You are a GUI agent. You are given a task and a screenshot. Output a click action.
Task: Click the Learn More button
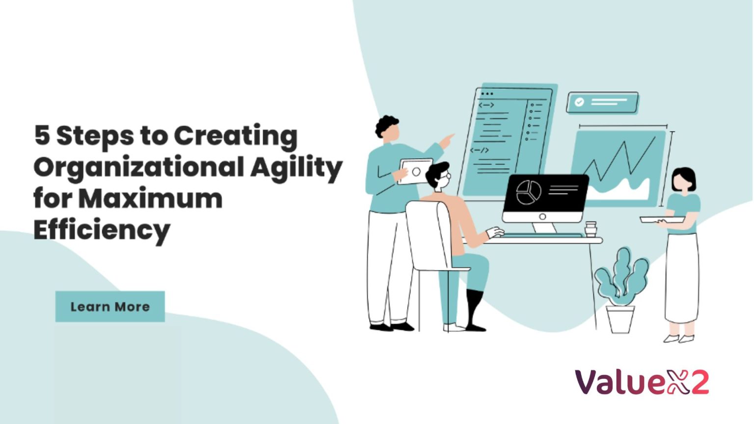point(110,307)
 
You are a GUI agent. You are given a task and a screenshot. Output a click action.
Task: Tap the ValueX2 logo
point(642,382)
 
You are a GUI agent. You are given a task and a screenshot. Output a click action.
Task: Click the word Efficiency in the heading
point(102,230)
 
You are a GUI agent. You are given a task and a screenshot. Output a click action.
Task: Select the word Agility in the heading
point(296,168)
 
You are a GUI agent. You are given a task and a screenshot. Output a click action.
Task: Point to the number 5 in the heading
point(42,135)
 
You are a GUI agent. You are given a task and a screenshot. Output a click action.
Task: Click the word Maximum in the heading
point(150,199)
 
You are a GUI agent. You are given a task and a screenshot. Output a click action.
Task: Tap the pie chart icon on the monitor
point(528,192)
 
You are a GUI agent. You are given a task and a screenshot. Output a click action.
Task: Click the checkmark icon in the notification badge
point(579,102)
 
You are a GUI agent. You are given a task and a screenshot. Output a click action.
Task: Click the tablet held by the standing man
point(415,171)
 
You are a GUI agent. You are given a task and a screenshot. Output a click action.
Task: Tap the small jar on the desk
point(591,229)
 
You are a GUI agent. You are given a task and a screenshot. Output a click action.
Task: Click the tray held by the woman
point(662,219)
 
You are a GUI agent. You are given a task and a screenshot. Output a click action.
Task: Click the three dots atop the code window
point(487,94)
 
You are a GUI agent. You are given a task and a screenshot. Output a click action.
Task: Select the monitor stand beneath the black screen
point(544,227)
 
